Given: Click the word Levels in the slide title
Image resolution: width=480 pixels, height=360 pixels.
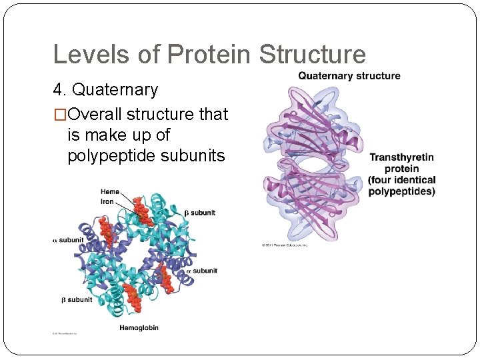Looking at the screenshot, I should (x=85, y=55).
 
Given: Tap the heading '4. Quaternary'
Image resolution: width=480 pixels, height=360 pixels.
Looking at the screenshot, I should (x=105, y=89).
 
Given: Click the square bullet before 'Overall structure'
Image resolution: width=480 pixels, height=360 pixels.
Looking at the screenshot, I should (x=60, y=115).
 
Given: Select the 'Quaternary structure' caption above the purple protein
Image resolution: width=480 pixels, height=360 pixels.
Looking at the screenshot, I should (x=349, y=76).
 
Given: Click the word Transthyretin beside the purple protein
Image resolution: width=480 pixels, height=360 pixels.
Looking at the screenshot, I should (x=401, y=157).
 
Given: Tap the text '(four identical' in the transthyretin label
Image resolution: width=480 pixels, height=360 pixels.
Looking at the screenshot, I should (x=401, y=180).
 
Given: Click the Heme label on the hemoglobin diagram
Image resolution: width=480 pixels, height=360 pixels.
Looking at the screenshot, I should (x=110, y=192).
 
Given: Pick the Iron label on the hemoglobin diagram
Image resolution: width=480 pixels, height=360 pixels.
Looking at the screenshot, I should (x=107, y=201).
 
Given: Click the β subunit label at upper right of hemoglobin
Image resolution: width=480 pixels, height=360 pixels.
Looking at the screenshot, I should (x=199, y=213).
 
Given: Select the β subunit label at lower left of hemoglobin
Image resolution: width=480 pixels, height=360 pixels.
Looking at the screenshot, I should (x=77, y=300).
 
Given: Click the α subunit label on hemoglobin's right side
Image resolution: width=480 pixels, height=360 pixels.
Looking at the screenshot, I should (x=201, y=271).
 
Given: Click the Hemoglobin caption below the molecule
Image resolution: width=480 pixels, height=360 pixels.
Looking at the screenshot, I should (x=139, y=328).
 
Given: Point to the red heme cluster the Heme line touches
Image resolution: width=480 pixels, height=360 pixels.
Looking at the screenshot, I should (x=141, y=211).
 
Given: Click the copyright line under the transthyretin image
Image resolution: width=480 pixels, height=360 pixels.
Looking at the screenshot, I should (x=285, y=245).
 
